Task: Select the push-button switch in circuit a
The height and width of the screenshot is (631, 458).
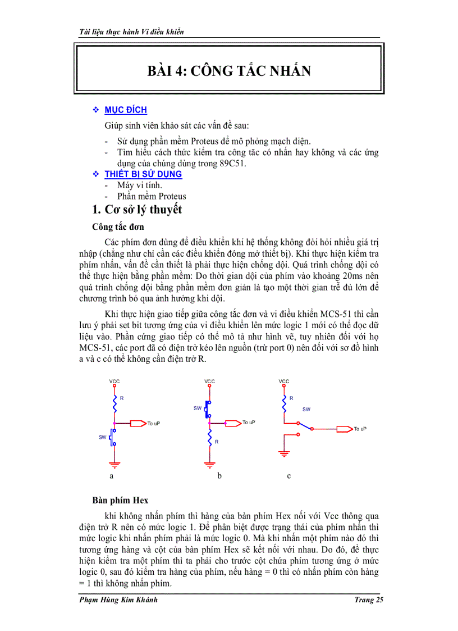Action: click(113, 437)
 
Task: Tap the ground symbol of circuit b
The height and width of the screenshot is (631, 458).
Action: click(210, 464)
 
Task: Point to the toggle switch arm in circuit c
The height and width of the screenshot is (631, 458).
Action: click(306, 426)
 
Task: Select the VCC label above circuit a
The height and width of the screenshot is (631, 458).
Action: click(114, 382)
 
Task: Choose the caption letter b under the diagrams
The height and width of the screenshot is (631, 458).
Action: click(219, 476)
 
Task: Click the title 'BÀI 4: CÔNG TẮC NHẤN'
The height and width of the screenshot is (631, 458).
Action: click(229, 71)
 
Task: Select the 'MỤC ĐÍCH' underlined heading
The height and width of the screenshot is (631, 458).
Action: click(126, 110)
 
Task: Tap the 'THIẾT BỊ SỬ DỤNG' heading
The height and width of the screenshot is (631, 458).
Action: click(143, 174)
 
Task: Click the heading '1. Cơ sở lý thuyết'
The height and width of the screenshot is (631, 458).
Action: click(138, 210)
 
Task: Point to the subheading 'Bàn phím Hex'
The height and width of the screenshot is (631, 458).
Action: click(120, 500)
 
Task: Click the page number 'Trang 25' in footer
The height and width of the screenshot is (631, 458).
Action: click(368, 600)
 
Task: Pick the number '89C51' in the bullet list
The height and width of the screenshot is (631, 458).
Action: click(233, 164)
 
